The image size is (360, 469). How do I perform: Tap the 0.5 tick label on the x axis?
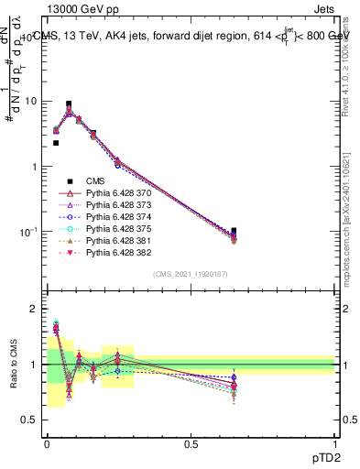pos(191,443)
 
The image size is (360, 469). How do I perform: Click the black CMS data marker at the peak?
pos(69,104)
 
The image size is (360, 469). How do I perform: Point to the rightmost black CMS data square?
pos(234,231)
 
